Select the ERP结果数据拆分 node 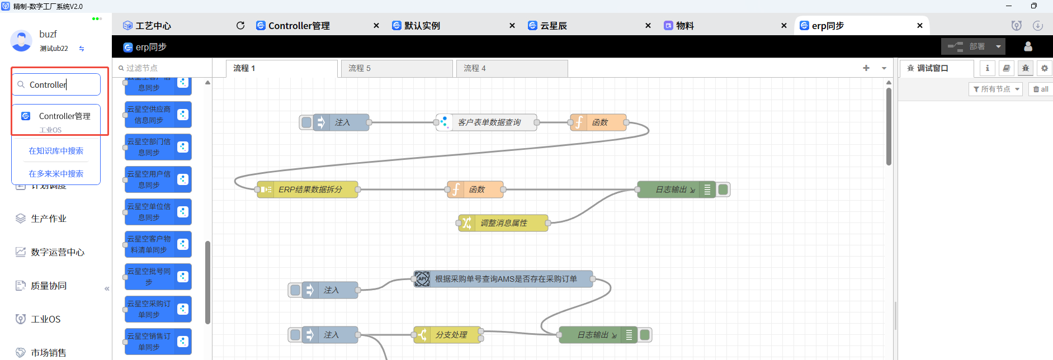coord(310,190)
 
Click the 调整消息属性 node coord(503,223)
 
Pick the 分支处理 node coord(450,335)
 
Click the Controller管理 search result coord(64,116)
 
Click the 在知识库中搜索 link coord(56,151)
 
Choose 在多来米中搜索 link coord(56,174)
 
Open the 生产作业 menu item coord(49,219)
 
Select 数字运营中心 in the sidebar coord(57,252)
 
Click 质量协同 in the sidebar coord(49,286)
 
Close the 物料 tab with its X coord(784,26)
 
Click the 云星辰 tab coord(554,26)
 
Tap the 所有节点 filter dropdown coord(995,89)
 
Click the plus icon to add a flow coord(866,68)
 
